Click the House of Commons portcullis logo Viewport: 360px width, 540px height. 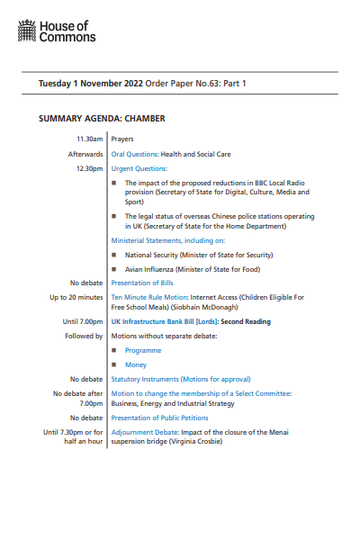[28, 33]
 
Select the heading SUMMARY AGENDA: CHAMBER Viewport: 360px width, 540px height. [102, 118]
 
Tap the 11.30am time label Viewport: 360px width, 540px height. [89, 139]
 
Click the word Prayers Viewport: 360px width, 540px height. [123, 139]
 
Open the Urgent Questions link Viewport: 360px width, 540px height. [139, 168]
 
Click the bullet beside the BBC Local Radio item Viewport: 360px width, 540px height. [115, 183]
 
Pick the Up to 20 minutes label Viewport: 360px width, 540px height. [76, 297]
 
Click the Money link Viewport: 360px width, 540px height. [136, 364]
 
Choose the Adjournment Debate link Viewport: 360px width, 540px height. [143, 432]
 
